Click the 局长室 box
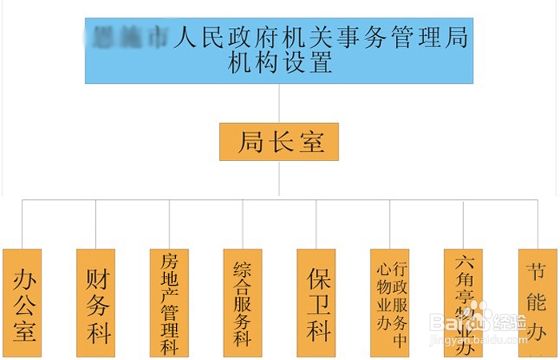[279, 142]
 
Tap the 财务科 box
[96, 302]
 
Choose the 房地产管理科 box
[170, 302]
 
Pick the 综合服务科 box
[242, 302]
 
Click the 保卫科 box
[316, 302]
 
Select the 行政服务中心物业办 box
[390, 302]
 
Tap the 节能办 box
[537, 302]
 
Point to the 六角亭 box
[463, 302]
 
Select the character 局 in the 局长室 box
[250, 142]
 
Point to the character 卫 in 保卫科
[317, 303]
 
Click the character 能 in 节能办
[537, 303]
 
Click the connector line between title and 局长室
[279, 103]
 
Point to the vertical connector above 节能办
[537, 224]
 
